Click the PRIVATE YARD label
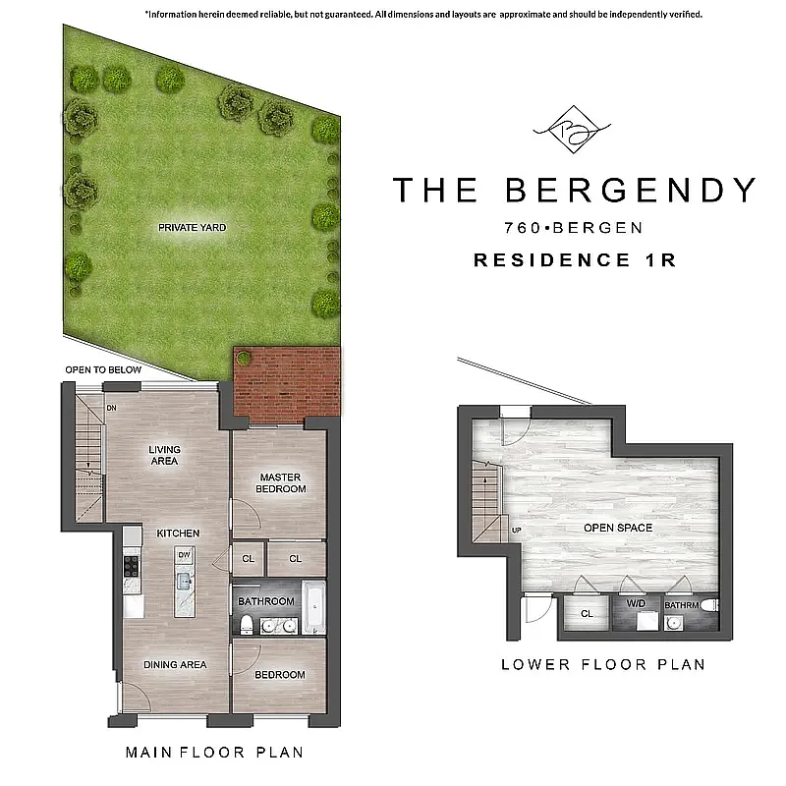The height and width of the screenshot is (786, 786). (193, 227)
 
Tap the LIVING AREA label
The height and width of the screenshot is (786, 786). (165, 456)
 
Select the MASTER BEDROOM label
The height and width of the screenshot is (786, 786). (279, 482)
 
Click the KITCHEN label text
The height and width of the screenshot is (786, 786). (178, 533)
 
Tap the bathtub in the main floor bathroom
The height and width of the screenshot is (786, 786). (313, 608)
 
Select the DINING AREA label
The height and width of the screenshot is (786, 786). (175, 664)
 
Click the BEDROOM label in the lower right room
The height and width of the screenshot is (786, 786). (280, 675)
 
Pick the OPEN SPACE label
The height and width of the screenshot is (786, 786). (618, 528)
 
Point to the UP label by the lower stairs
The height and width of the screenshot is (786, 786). (517, 531)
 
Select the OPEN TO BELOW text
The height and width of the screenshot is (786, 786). (103, 369)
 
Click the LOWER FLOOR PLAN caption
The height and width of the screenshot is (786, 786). (603, 664)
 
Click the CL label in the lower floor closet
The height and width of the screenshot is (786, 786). (587, 613)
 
